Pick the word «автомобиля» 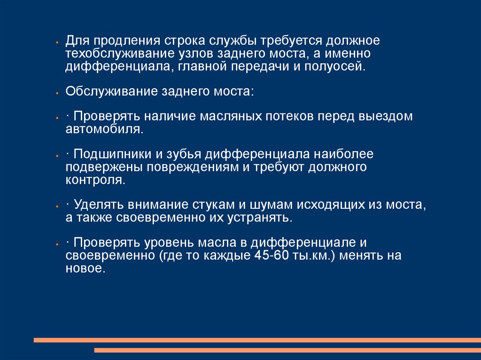(104, 130)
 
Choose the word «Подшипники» (113, 154)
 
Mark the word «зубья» (184, 154)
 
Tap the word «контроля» (95, 180)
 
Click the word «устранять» (260, 218)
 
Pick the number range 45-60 (272, 255)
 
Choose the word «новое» (85, 268)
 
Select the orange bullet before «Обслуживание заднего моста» (57, 93)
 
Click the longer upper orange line (257, 340)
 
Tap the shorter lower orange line (287, 350)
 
